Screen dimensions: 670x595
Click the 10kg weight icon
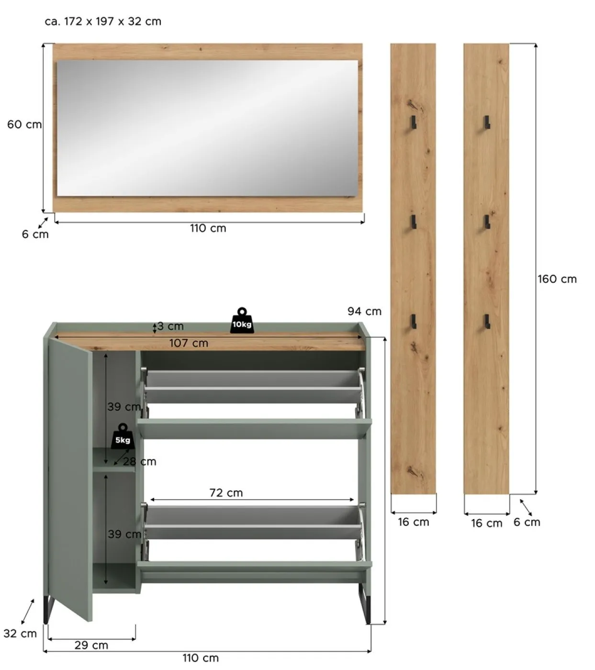(x=242, y=321)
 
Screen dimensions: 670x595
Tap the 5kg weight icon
(x=123, y=436)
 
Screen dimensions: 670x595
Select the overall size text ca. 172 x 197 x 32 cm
(x=103, y=22)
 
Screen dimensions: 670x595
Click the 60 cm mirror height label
(x=24, y=124)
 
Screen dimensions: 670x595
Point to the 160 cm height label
(x=557, y=279)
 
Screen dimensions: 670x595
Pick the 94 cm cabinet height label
(x=364, y=312)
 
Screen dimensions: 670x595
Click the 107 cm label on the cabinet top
(x=189, y=343)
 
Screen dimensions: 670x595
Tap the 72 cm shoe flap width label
(x=226, y=493)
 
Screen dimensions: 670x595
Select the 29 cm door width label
(x=91, y=645)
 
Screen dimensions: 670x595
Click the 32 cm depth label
(x=20, y=634)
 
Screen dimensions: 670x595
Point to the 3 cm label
(x=170, y=326)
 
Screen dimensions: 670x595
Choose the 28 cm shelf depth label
(x=139, y=462)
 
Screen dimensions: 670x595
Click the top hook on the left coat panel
(x=413, y=122)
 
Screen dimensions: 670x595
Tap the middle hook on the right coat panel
(x=486, y=222)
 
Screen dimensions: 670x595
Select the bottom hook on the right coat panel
(x=487, y=322)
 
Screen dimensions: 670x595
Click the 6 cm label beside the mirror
(x=35, y=234)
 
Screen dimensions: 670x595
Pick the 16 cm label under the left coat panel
(x=414, y=522)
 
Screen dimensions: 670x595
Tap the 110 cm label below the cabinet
(x=201, y=658)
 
